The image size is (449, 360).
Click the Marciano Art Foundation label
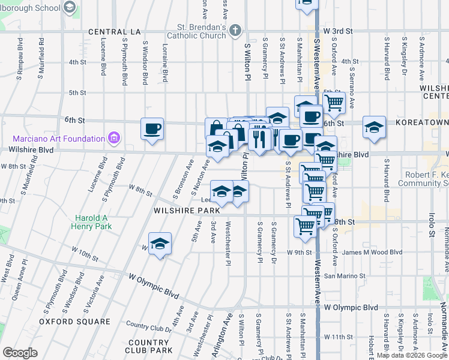(52, 138)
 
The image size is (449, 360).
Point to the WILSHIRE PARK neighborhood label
(181, 211)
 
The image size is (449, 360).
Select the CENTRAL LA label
(113, 31)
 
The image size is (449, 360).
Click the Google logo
(20, 353)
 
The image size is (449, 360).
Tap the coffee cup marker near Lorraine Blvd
(152, 128)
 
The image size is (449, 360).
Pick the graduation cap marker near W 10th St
(160, 244)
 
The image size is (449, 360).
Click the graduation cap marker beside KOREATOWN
(374, 127)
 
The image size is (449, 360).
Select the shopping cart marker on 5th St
(334, 102)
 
